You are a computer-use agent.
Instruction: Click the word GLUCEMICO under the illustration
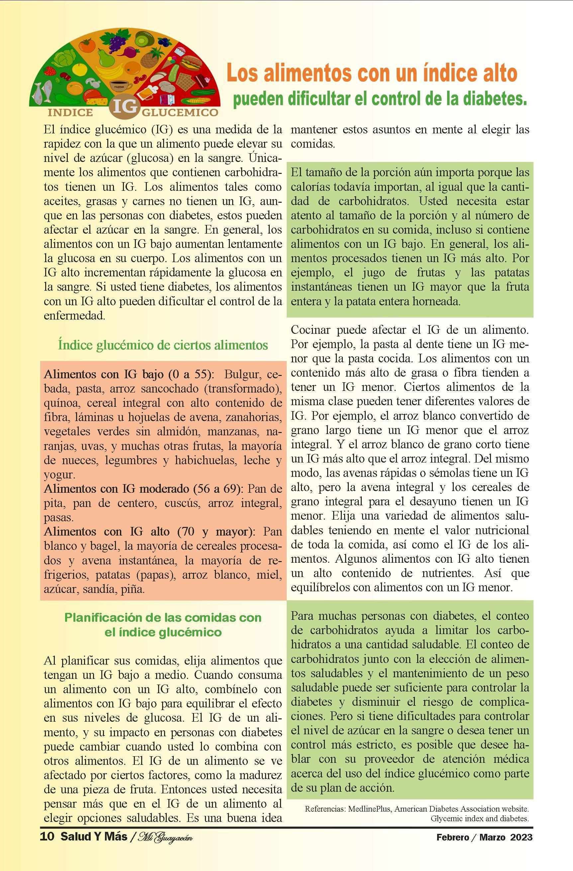point(179,112)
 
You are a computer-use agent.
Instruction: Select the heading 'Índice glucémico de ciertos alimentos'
point(163,345)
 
